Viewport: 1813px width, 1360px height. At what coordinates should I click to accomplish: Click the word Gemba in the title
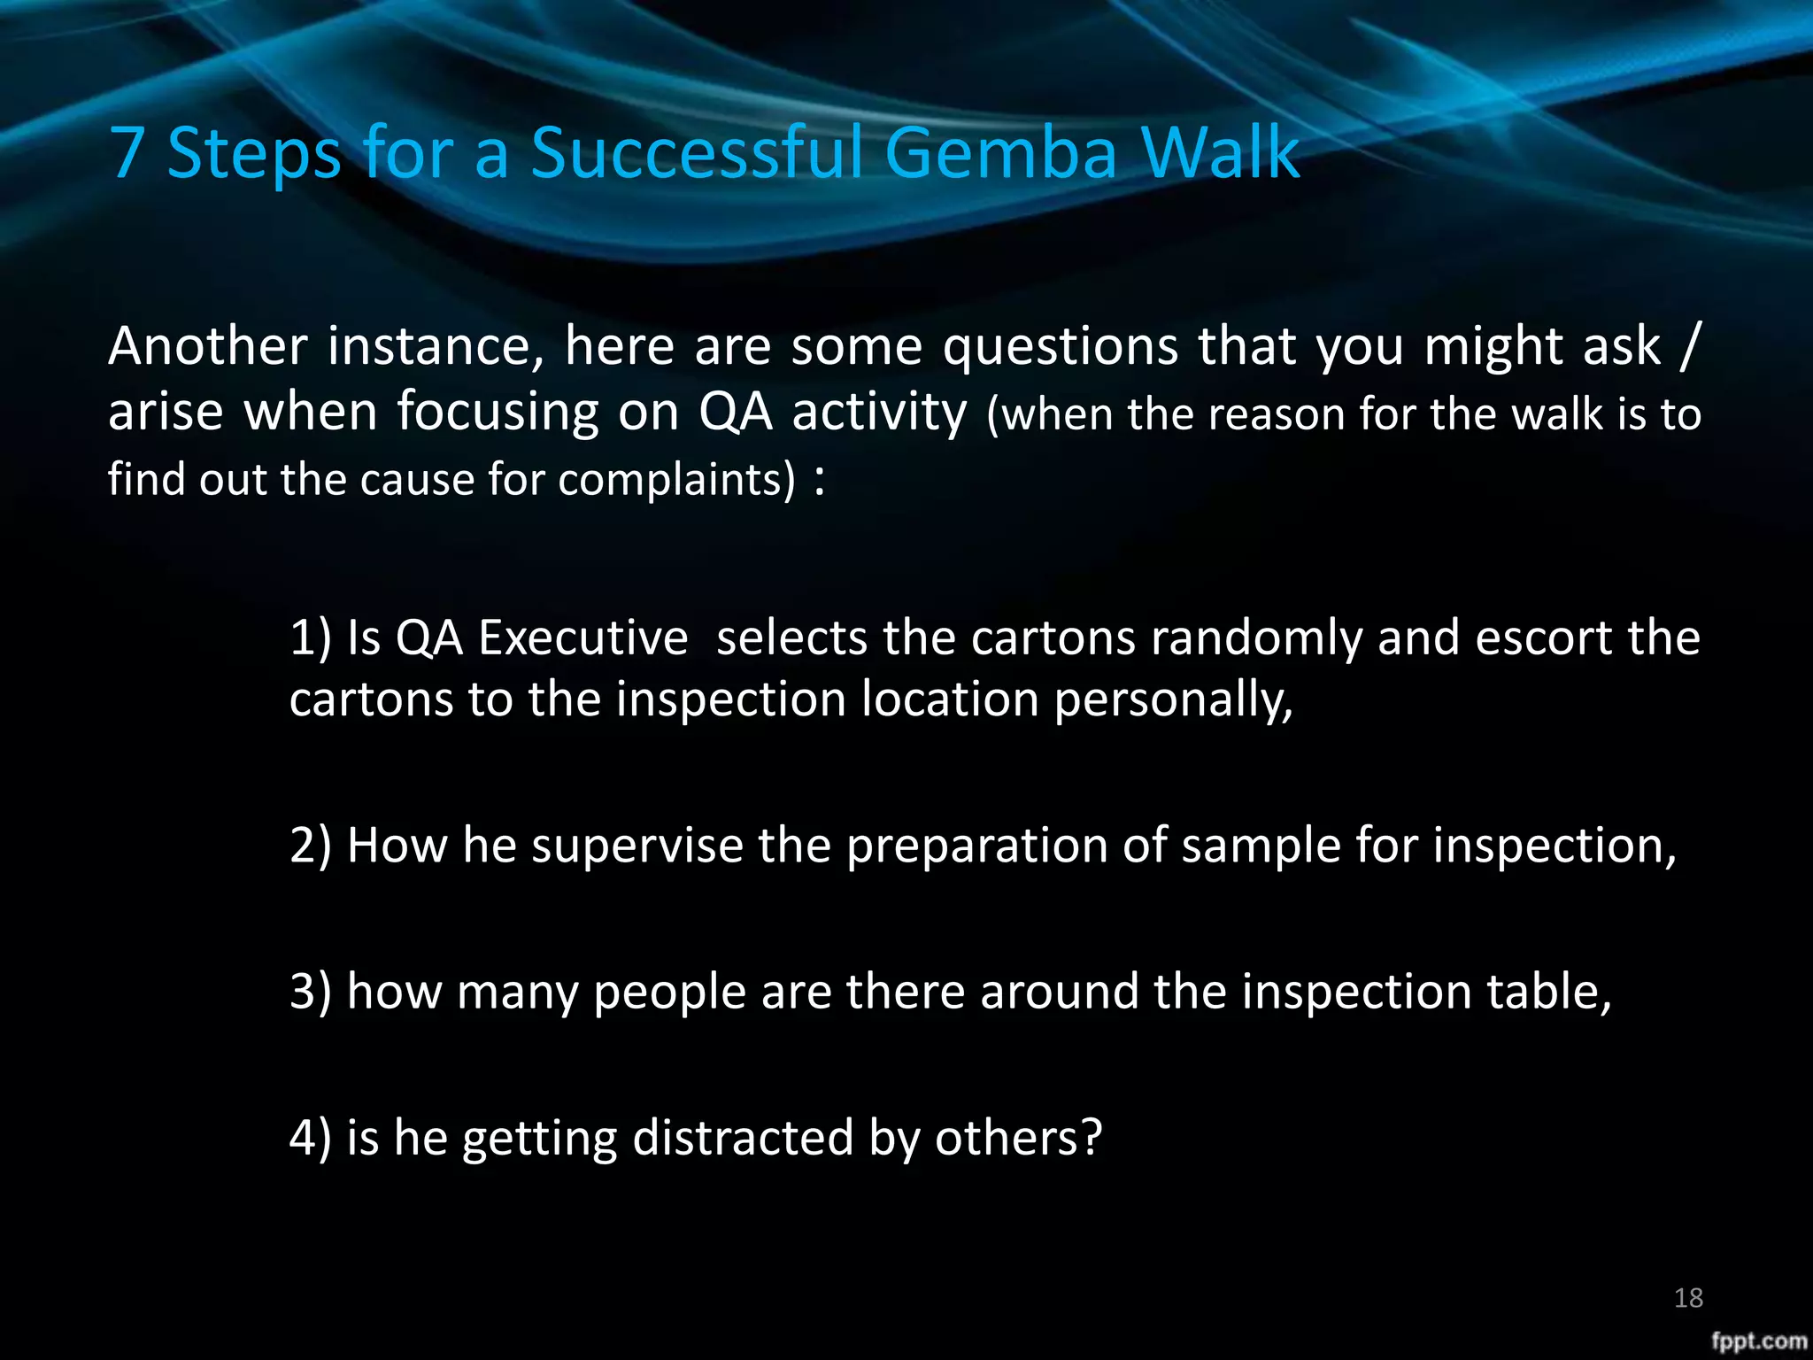(1001, 152)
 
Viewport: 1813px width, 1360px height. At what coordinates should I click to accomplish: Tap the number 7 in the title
(127, 152)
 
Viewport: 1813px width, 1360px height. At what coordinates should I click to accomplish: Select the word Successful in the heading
(696, 152)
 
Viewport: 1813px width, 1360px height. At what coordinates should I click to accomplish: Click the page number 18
(1688, 1298)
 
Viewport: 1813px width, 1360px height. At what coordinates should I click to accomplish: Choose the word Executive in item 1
(582, 637)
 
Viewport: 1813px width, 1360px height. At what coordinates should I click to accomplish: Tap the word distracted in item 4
(743, 1138)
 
